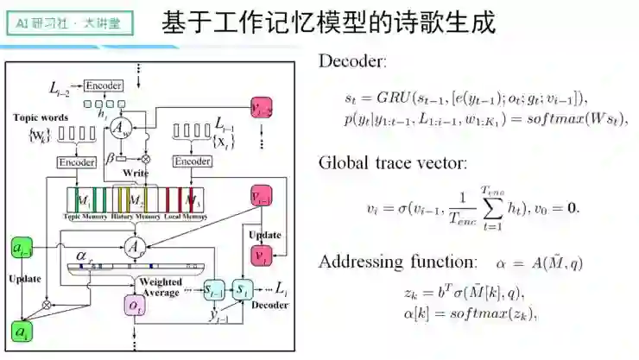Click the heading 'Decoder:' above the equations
coord(353,62)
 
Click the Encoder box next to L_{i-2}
coord(104,85)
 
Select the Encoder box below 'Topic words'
coord(75,162)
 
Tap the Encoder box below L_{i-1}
coord(192,161)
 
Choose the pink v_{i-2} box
coord(263,108)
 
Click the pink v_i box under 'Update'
coord(263,256)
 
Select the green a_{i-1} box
coord(22,250)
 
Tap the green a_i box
coord(21,331)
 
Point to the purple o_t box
coord(135,306)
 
